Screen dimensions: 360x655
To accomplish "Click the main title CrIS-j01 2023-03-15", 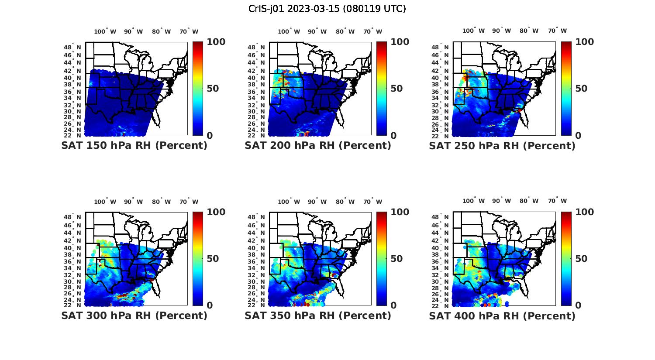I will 327,9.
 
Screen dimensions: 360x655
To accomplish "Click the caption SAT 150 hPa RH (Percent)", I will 134,146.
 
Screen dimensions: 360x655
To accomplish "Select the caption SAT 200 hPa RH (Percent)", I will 318,146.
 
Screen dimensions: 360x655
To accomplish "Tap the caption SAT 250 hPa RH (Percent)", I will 502,146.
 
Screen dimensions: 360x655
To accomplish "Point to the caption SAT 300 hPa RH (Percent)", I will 134,315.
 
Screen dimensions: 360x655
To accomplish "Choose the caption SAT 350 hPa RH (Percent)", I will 318,315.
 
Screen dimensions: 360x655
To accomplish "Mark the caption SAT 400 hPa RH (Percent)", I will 502,315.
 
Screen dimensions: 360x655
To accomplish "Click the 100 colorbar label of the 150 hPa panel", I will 216,42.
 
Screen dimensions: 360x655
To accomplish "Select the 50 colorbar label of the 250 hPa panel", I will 581,89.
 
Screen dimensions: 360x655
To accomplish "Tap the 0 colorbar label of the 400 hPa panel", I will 578,305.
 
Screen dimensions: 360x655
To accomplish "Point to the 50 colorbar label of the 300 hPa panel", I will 213,259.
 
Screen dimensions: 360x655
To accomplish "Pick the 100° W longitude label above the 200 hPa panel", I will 289,31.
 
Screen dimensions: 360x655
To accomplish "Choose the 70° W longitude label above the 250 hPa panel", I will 557,31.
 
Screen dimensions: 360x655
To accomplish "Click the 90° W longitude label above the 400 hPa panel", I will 502,201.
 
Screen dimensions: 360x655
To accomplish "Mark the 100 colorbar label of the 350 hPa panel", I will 400,212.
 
